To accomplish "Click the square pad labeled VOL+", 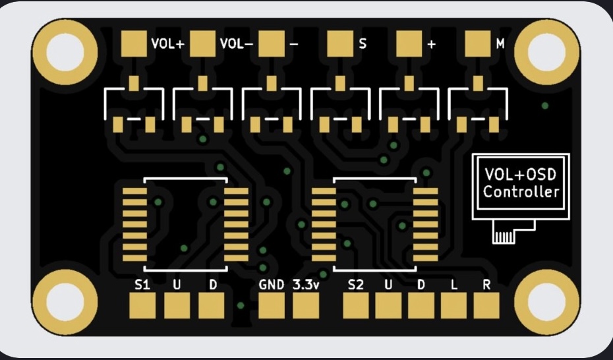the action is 134,44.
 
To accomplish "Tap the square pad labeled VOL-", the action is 202,44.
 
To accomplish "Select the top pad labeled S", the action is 340,44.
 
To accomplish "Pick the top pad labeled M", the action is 478,44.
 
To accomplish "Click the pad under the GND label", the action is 272,306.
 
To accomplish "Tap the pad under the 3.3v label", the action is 306,306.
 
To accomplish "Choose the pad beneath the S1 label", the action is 142,306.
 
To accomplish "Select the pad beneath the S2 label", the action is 356,306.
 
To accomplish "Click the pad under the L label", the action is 454,306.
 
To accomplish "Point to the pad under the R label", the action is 486,306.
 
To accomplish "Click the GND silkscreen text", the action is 272,285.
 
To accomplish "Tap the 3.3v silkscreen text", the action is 306,285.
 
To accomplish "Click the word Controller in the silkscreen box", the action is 521,192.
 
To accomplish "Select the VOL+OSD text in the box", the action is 520,174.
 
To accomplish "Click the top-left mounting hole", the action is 65,52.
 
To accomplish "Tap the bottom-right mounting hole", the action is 547,302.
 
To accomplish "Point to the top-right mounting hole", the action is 547,52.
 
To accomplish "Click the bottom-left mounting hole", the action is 65,302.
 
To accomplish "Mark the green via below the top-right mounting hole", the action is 545,105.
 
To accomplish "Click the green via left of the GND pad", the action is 241,306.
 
